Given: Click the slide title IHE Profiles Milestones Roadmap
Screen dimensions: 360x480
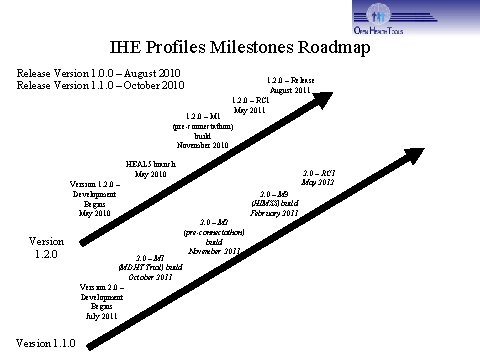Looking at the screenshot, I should tap(239, 47).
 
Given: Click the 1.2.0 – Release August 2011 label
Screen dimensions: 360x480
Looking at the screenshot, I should tap(289, 85).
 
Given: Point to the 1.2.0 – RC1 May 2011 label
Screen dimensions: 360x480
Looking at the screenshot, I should tap(250, 105).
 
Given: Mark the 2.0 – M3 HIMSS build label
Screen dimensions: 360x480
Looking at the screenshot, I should tap(275, 203).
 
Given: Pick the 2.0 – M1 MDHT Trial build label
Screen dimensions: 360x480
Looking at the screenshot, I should tap(150, 267).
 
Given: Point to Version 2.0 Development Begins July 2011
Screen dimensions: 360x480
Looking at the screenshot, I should tap(101, 301).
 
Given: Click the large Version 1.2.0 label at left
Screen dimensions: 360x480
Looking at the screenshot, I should tap(45, 247).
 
